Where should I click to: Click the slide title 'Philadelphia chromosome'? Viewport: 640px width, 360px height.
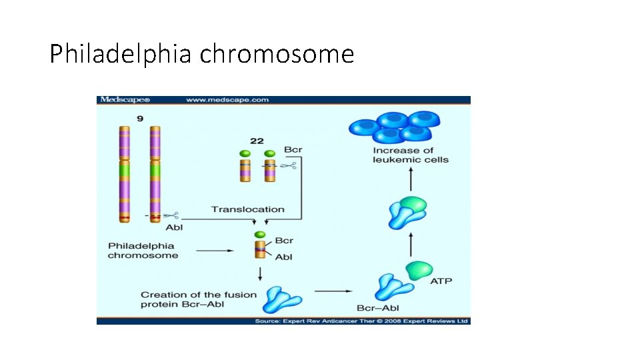pos(201,54)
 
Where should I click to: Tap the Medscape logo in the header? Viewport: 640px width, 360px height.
pos(125,100)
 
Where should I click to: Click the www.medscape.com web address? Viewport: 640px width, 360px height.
pos(227,100)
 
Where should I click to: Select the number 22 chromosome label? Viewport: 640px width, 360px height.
pos(257,141)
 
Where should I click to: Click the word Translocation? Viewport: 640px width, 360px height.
pos(247,209)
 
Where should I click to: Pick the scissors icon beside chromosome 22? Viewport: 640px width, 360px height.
pos(287,166)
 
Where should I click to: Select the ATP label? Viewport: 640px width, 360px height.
pos(441,281)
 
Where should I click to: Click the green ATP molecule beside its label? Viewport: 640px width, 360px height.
pos(418,271)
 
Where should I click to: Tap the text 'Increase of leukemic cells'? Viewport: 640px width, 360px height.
pos(411,155)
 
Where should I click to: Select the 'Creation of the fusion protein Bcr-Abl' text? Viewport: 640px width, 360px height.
pos(198,299)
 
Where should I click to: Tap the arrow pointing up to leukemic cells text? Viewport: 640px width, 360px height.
pos(411,179)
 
